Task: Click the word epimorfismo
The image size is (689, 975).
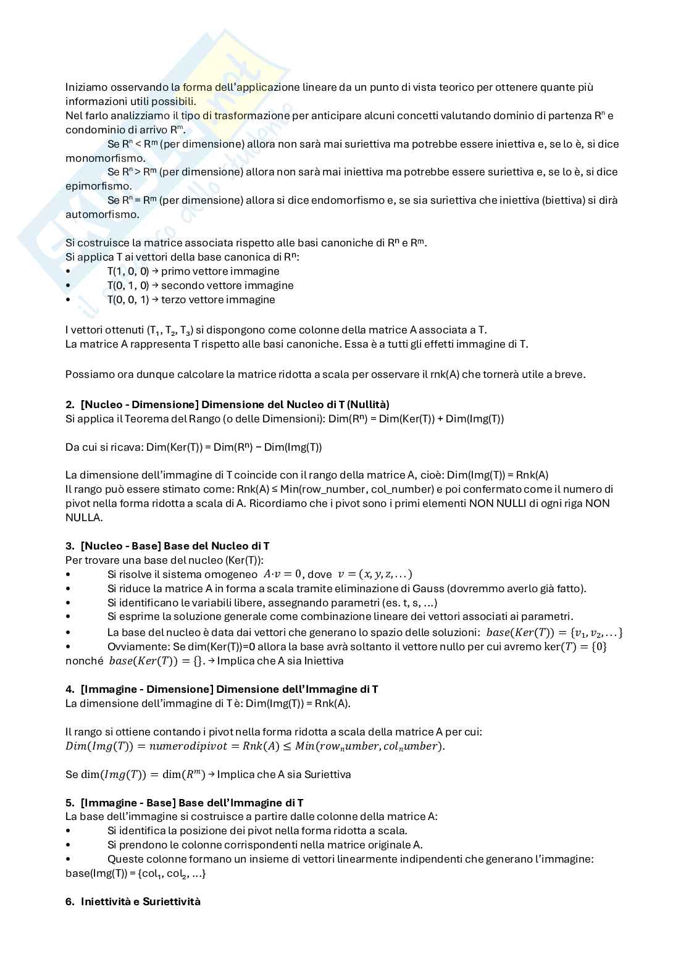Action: (90, 186)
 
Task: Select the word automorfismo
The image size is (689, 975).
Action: (93, 214)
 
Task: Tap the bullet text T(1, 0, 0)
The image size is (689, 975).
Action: (128, 271)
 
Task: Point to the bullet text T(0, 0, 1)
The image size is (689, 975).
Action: (128, 299)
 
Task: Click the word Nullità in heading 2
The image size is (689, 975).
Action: (368, 404)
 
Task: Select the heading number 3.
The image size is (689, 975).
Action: (69, 546)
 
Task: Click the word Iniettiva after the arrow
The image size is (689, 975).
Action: (324, 661)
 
